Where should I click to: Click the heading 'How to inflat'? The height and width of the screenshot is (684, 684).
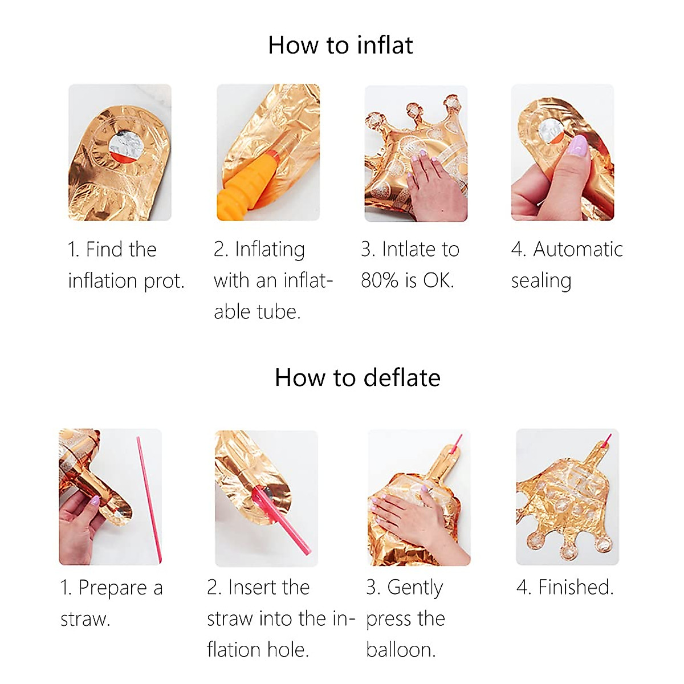pyautogui.click(x=340, y=45)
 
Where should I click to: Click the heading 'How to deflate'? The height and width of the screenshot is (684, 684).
pyautogui.click(x=357, y=377)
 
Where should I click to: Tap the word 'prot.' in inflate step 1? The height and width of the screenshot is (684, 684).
pyautogui.click(x=164, y=282)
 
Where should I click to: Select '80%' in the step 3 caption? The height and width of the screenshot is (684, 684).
pyautogui.click(x=380, y=280)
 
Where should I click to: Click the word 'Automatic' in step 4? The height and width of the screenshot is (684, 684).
pyautogui.click(x=578, y=249)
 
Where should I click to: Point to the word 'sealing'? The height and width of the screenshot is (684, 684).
pyautogui.click(x=541, y=282)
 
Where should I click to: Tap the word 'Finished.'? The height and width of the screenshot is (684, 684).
pyautogui.click(x=576, y=587)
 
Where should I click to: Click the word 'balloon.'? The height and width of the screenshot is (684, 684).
pyautogui.click(x=401, y=650)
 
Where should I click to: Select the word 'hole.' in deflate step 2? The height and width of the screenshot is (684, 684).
pyautogui.click(x=288, y=650)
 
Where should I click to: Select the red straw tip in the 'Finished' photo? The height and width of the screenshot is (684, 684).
pyautogui.click(x=607, y=439)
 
